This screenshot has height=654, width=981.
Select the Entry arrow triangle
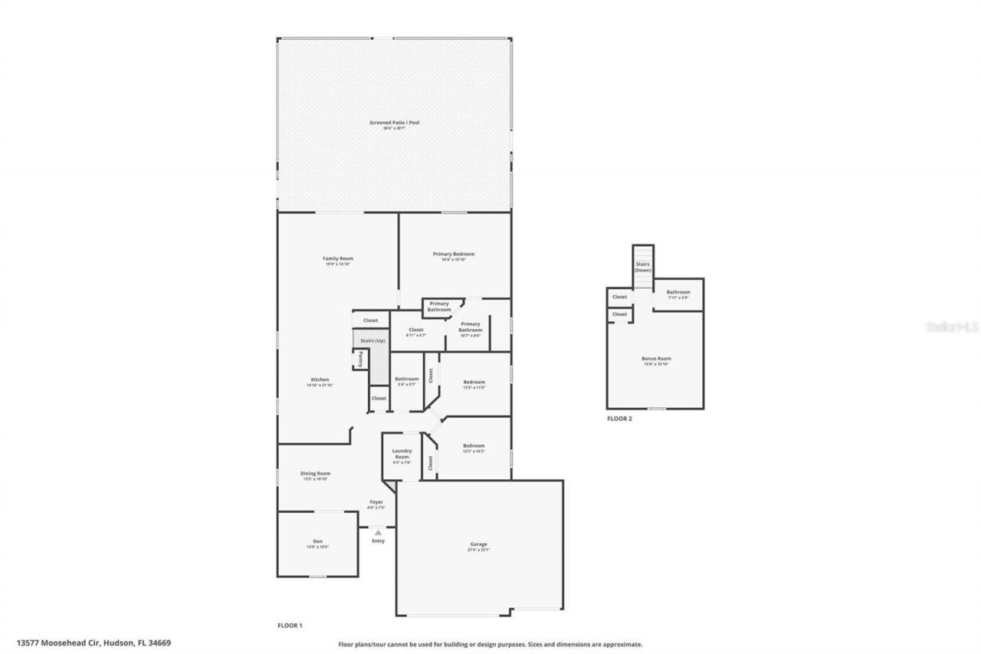(x=377, y=531)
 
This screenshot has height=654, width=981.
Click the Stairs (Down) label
(x=643, y=267)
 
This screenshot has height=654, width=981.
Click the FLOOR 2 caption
(x=619, y=419)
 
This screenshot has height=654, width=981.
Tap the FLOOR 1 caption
(x=290, y=626)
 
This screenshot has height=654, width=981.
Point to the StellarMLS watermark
(x=953, y=327)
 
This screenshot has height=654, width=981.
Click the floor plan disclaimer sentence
(x=490, y=645)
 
